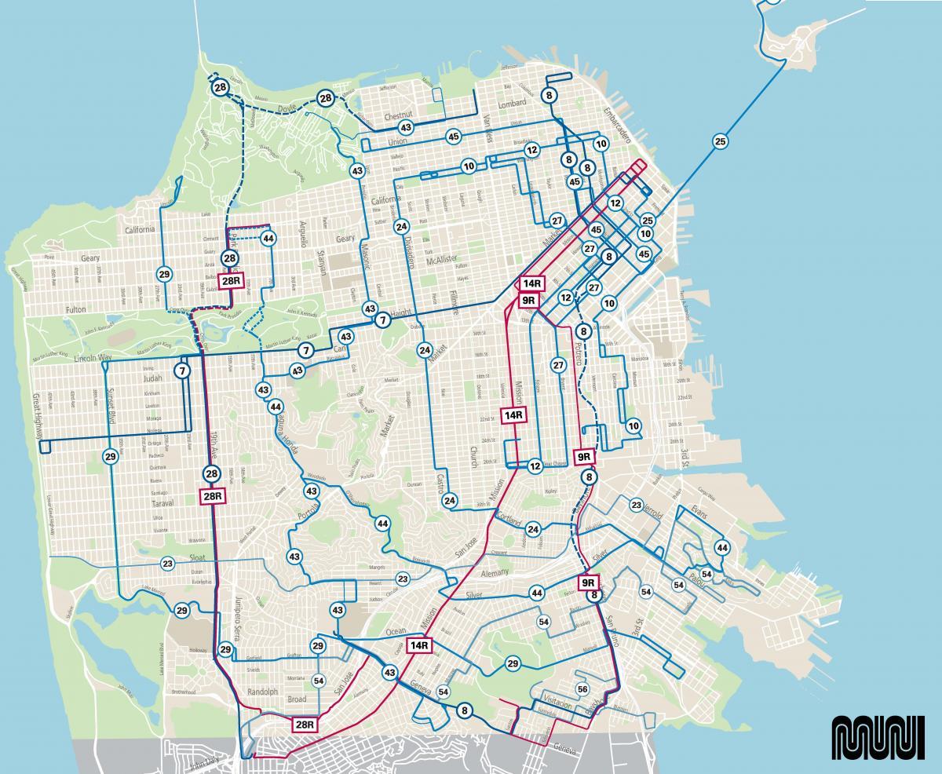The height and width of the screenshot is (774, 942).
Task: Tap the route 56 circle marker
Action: tap(582, 688)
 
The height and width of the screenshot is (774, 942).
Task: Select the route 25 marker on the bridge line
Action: tap(720, 142)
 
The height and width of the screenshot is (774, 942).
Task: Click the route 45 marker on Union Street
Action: tap(453, 137)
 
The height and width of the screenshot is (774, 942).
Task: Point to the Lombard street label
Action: tap(512, 104)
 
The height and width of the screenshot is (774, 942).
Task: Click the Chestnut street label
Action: tap(398, 116)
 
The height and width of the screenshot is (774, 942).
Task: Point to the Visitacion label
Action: tap(556, 705)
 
